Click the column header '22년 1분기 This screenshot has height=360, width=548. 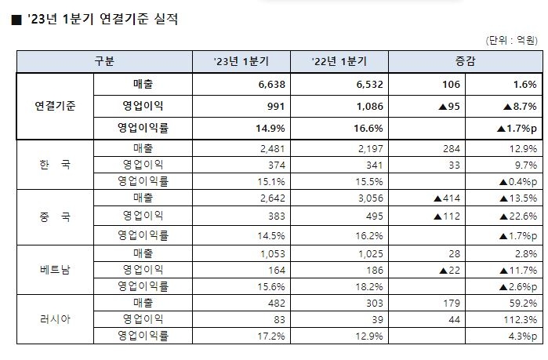pyautogui.click(x=339, y=60)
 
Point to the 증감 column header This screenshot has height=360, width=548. pyautogui.click(x=465, y=60)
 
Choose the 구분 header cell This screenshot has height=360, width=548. pyautogui.click(x=104, y=60)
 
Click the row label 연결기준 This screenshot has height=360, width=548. pyautogui.click(x=55, y=104)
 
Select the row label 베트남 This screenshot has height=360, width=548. pyautogui.click(x=55, y=267)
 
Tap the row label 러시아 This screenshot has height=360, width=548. pyautogui.click(x=55, y=319)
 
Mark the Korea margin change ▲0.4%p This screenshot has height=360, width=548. pyautogui.click(x=517, y=181)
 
